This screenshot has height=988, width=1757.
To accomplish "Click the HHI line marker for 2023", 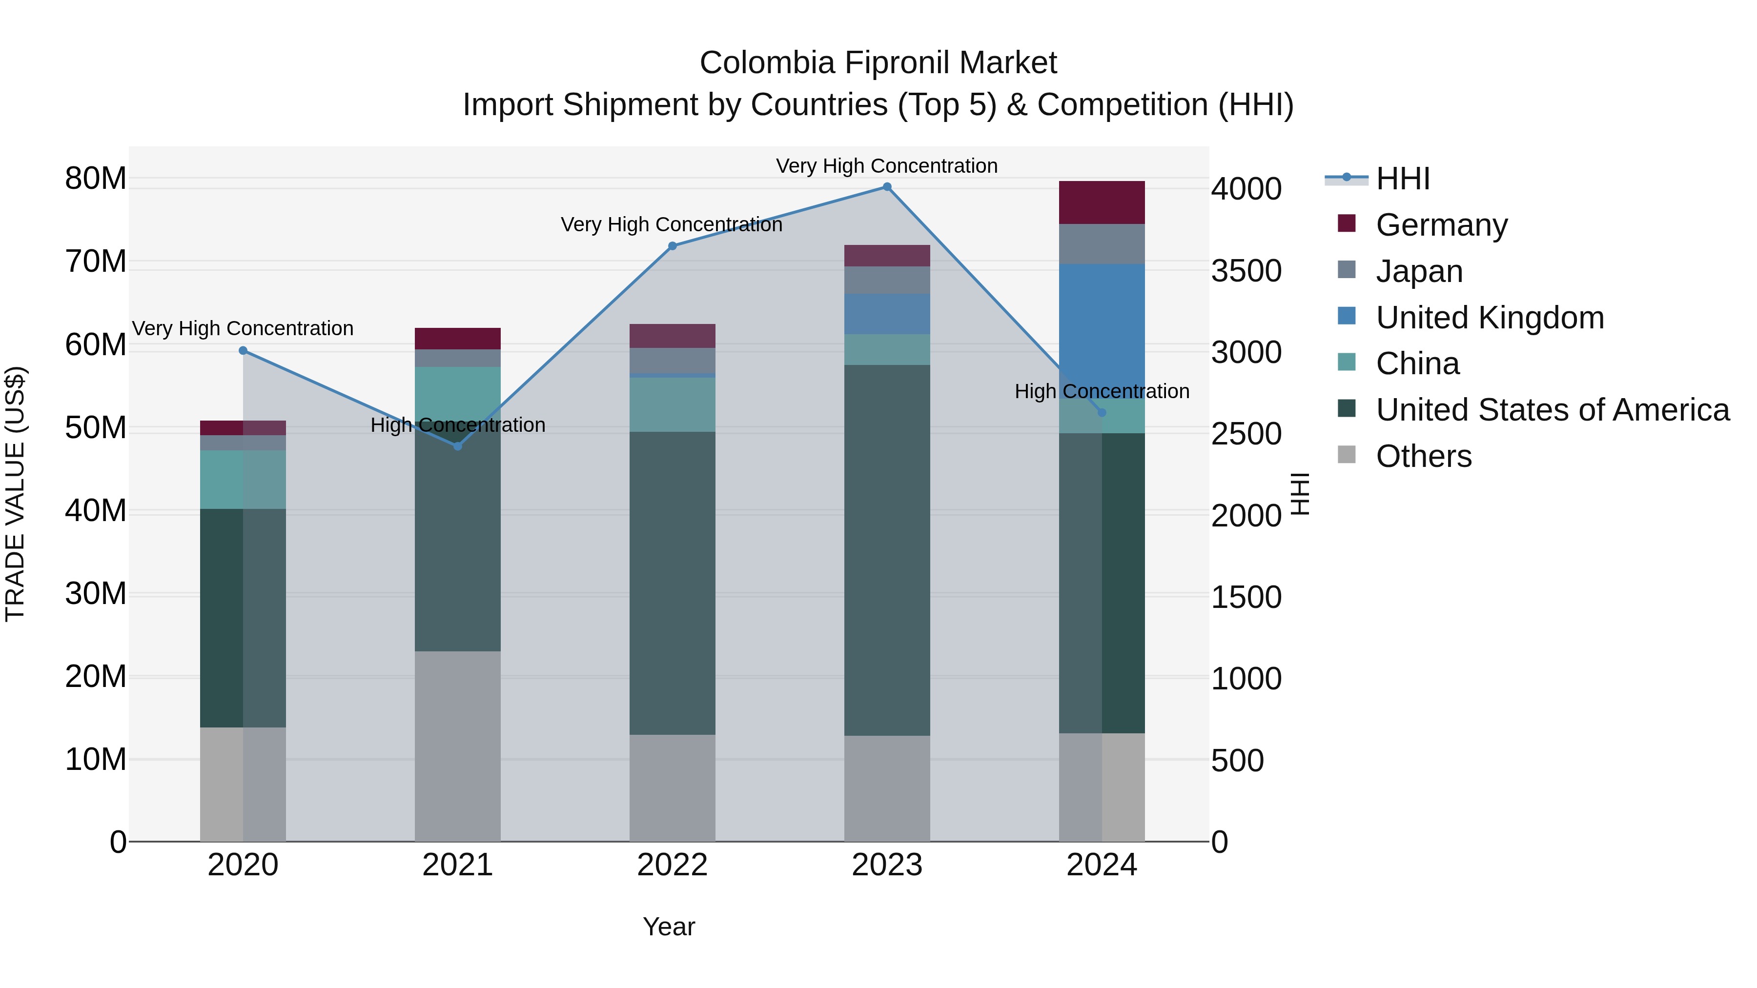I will [x=887, y=187].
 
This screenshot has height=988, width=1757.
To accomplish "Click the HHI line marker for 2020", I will [x=243, y=350].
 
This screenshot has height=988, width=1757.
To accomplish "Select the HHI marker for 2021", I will [x=458, y=446].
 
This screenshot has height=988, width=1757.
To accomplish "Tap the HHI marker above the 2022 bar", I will [x=672, y=246].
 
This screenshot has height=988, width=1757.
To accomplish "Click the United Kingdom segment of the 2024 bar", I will [x=1102, y=321].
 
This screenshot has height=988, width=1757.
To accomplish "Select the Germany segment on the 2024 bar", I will [x=1102, y=202].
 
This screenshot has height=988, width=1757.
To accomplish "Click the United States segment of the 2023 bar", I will [x=887, y=549].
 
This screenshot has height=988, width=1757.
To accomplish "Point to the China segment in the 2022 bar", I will [x=672, y=404].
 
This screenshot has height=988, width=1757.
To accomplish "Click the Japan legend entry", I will [x=1419, y=271].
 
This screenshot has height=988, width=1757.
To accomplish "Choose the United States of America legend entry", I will [x=1552, y=410].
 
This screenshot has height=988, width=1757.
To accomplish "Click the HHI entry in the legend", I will [x=1402, y=179].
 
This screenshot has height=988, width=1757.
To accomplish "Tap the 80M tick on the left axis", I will [x=96, y=179].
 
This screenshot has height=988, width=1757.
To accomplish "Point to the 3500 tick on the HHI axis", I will [x=1246, y=271].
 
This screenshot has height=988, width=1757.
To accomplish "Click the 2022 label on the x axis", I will [x=672, y=865].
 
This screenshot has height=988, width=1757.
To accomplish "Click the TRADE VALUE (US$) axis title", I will [x=15, y=494].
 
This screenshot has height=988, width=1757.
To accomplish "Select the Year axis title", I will [x=669, y=927].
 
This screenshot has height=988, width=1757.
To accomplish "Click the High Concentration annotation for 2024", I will [x=1102, y=391].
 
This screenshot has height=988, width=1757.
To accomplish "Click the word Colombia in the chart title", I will [x=767, y=63].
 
